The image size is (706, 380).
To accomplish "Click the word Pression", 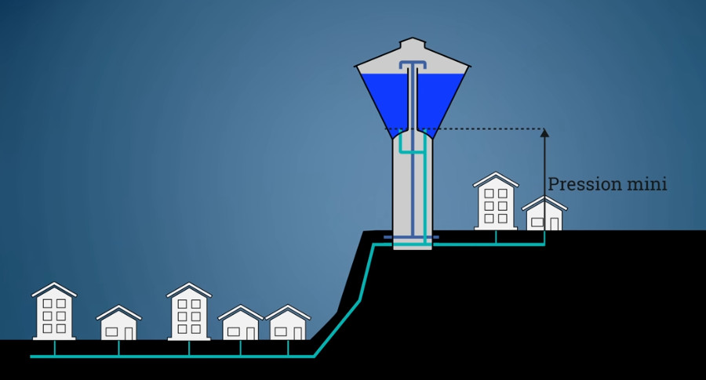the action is pyautogui.click(x=584, y=184).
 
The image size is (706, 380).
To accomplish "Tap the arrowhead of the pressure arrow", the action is pyautogui.click(x=545, y=132).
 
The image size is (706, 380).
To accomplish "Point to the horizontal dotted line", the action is pyautogui.click(x=464, y=129).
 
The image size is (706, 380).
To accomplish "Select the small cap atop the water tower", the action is pyautogui.click(x=413, y=44).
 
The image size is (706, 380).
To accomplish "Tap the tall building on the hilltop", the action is pyautogui.click(x=496, y=201).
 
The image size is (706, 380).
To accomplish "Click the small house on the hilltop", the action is pyautogui.click(x=544, y=214).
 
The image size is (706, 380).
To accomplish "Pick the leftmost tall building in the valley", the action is pyautogui.click(x=54, y=311).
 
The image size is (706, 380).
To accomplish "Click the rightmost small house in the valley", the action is pyautogui.click(x=288, y=323).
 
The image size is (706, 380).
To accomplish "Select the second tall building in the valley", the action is pyautogui.click(x=189, y=311).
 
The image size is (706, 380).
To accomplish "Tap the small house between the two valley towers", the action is pyautogui.click(x=119, y=323).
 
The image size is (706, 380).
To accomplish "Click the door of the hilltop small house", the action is pyautogui.click(x=555, y=224).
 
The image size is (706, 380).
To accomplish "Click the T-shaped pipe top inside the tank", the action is pyautogui.click(x=412, y=65).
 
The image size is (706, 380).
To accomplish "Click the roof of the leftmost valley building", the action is pyautogui.click(x=54, y=289).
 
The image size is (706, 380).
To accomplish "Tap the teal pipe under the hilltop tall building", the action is pyautogui.click(x=496, y=237).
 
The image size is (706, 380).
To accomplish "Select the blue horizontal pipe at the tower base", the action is pyautogui.click(x=411, y=237).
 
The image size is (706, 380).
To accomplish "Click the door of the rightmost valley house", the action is pyautogui.click(x=297, y=334).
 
